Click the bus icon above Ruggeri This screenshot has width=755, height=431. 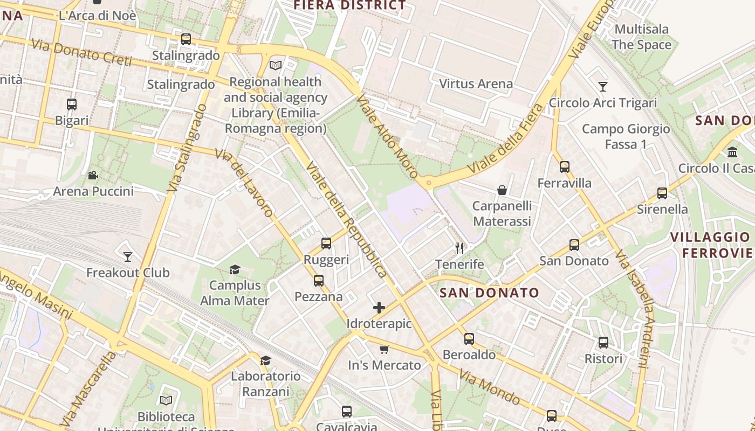pos(326,244)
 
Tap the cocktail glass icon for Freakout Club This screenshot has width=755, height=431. pos(128,256)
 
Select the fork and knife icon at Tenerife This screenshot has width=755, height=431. pos(459,248)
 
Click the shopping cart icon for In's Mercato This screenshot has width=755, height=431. pos(384,349)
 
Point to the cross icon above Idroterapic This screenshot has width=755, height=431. pos(379,308)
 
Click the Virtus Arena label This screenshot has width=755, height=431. pos(476,84)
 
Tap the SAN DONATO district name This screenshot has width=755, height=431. pos(489,293)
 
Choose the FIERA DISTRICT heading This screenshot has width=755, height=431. pos(349,5)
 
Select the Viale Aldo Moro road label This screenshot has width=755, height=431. pos(387,137)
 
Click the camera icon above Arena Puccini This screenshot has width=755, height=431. pos(93,176)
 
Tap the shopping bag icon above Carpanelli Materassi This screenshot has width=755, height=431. pos(502,190)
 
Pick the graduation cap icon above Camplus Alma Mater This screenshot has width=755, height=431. pos(235,269)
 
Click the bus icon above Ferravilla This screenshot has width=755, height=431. pos(565,167)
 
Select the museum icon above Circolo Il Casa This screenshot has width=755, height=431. pos(732,152)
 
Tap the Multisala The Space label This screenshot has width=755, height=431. pos(641,37)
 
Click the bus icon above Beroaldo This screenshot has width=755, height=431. pos(469,338)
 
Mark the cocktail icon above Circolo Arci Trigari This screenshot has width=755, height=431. pos(603,87)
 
